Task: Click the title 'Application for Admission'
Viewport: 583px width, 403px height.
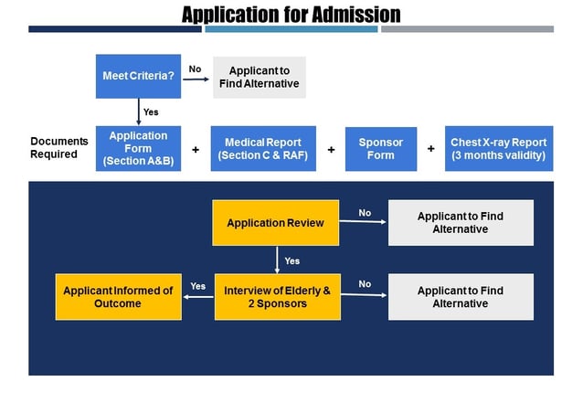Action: pyautogui.click(x=291, y=14)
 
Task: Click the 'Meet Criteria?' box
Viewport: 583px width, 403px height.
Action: pyautogui.click(x=138, y=76)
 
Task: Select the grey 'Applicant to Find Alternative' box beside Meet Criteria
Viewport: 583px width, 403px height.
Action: pyautogui.click(x=260, y=77)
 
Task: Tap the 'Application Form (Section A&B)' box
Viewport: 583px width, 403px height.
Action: pyautogui.click(x=138, y=149)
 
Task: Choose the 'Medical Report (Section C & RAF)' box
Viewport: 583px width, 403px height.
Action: pyautogui.click(x=263, y=149)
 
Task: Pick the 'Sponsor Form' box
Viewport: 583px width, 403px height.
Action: pyautogui.click(x=380, y=149)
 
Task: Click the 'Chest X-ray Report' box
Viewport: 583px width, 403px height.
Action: pyautogui.click(x=498, y=149)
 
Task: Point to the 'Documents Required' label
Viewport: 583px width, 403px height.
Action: pyautogui.click(x=59, y=148)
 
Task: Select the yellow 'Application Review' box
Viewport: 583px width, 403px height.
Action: pyautogui.click(x=275, y=223)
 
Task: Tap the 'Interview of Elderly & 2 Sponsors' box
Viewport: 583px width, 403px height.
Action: pyautogui.click(x=277, y=297)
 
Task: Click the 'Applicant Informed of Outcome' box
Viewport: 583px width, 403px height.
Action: pyautogui.click(x=118, y=297)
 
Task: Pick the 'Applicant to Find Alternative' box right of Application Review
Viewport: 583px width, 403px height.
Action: pyautogui.click(x=460, y=223)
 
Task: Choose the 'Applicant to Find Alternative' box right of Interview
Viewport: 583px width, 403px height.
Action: pyautogui.click(x=460, y=297)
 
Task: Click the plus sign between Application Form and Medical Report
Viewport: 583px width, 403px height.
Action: pyautogui.click(x=196, y=149)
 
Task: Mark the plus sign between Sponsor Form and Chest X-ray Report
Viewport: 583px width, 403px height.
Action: pyautogui.click(x=430, y=148)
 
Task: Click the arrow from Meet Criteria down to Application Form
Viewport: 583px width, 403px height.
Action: pyautogui.click(x=138, y=111)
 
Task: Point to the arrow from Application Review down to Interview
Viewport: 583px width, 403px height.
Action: pyautogui.click(x=277, y=260)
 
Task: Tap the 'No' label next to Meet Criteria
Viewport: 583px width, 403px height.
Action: pyautogui.click(x=195, y=69)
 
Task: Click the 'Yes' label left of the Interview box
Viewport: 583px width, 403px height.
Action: pyautogui.click(x=197, y=286)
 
